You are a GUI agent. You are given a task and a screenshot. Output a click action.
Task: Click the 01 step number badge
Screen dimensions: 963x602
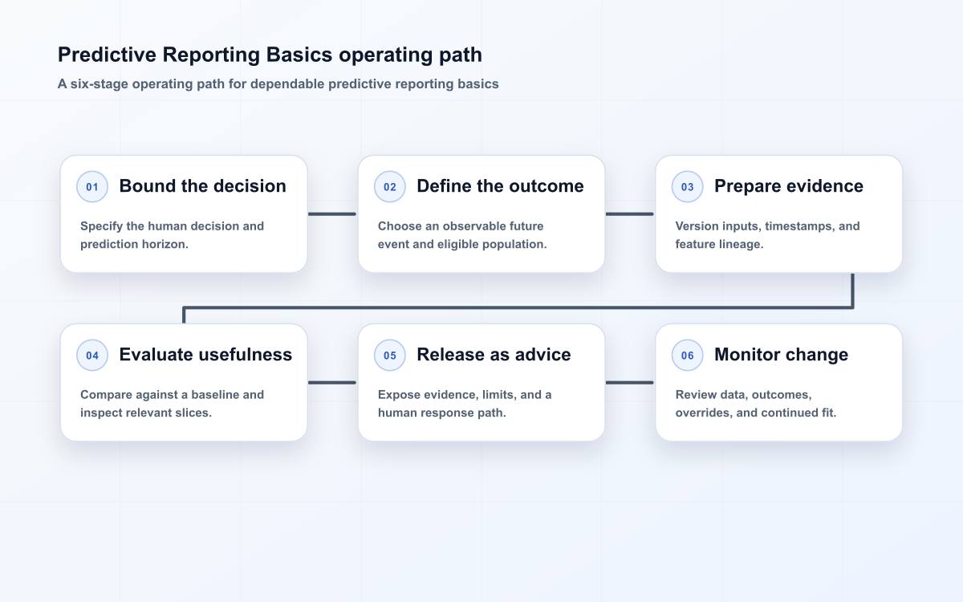[92, 186]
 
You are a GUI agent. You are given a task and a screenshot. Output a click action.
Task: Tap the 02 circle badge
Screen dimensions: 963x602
[389, 186]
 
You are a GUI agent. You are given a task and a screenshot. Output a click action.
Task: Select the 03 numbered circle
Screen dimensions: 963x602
[687, 186]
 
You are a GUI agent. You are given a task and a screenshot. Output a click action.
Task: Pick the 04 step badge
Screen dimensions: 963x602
[92, 355]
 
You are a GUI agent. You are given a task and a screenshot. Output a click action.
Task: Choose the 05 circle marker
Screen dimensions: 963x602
[389, 355]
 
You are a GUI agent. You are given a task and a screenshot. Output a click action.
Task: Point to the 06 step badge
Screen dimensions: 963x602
[687, 355]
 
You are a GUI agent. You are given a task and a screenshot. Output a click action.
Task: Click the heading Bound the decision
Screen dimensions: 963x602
[202, 186]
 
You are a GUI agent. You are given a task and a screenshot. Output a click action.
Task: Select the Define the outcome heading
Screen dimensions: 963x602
[501, 186]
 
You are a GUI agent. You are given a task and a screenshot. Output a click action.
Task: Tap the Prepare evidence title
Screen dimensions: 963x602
[789, 186]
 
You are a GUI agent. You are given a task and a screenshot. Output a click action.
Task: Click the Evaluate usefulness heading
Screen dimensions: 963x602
[205, 355]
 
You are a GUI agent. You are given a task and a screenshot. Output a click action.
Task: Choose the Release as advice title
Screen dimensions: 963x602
[494, 355]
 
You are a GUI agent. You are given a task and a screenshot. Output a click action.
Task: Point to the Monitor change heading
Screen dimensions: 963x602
[781, 355]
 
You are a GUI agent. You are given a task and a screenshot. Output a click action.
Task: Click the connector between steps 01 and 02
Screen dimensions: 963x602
[332, 214]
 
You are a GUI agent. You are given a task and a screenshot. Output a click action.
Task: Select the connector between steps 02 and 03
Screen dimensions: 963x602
[629, 214]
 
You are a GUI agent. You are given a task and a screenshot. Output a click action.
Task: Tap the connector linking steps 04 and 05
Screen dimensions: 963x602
[332, 382]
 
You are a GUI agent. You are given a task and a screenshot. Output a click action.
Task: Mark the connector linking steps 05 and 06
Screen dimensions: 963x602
[629, 382]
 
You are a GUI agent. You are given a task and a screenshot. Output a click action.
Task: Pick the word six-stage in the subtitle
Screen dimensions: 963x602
[100, 83]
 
